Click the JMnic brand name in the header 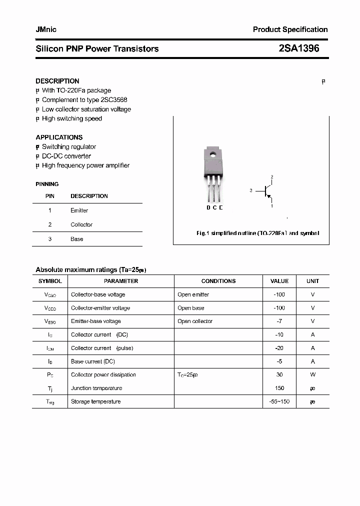46,30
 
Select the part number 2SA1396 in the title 298,48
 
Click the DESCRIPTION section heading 57,81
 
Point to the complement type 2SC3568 113,100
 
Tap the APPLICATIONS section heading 59,137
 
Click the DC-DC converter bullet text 66,156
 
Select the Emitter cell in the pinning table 79,210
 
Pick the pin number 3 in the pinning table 50,239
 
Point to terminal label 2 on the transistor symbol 271,177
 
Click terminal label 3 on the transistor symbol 250,190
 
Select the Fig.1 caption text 257,233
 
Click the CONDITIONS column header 218,281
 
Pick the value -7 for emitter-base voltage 279,321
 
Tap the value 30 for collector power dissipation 279,374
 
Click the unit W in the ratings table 312,374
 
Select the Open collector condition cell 195,321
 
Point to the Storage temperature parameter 96,401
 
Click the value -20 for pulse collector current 279,348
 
